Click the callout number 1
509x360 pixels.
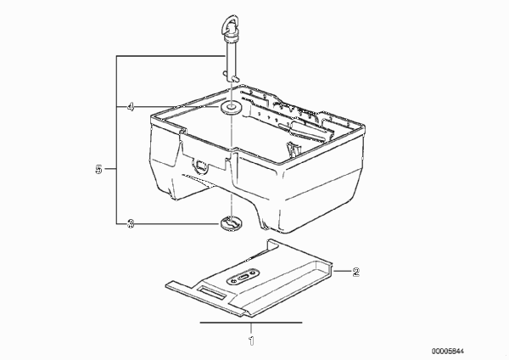pyautogui.click(x=251, y=340)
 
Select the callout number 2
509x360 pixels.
pyautogui.click(x=356, y=272)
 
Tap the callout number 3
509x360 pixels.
pyautogui.click(x=130, y=224)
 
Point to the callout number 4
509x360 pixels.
pyautogui.click(x=131, y=107)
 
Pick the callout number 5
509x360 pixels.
pyautogui.click(x=98, y=169)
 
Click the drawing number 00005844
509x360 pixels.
pyautogui.click(x=448, y=352)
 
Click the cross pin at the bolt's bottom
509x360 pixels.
pyautogui.click(x=232, y=77)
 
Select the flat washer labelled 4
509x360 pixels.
pyautogui.click(x=231, y=108)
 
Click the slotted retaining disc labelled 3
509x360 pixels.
pyautogui.click(x=231, y=223)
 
